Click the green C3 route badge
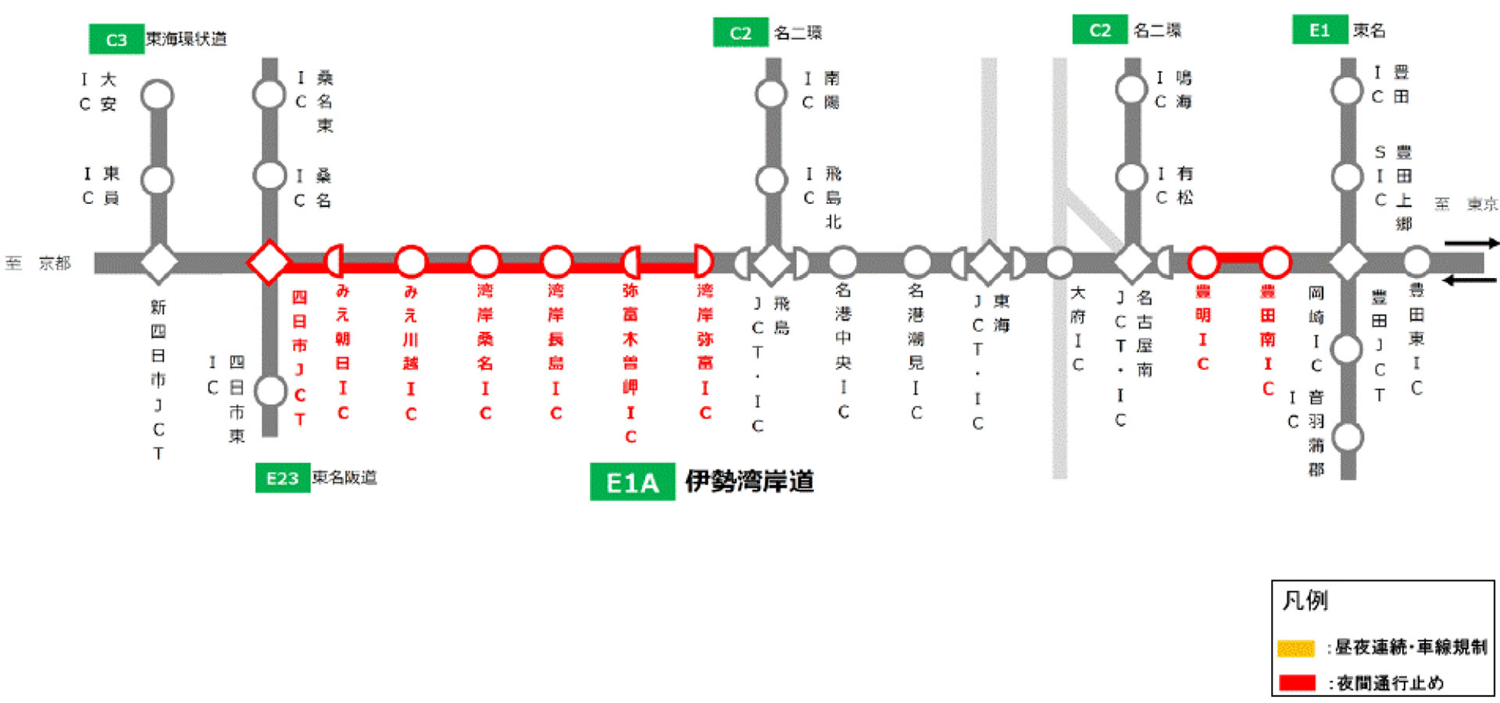coord(116,40)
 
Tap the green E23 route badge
coord(282,478)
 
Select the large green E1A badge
coord(632,483)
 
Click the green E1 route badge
coord(1319,30)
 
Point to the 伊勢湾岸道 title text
coord(749,481)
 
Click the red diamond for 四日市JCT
coord(269,262)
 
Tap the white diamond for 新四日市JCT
coord(159,262)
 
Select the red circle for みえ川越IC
coord(411,262)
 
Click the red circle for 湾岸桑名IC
coord(484,262)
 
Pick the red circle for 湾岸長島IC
coord(556,262)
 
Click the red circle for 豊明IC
coord(1203,262)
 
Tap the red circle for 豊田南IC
coord(1275,262)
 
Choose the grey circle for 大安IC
coord(157,95)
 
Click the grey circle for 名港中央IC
coord(842,262)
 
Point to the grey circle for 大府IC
coord(1059,262)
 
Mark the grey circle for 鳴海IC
coord(1131,89)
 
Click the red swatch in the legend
coord(1297,683)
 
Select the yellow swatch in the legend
coord(1296,648)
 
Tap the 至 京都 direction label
coord(38,263)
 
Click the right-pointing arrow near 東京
coord(1471,244)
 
